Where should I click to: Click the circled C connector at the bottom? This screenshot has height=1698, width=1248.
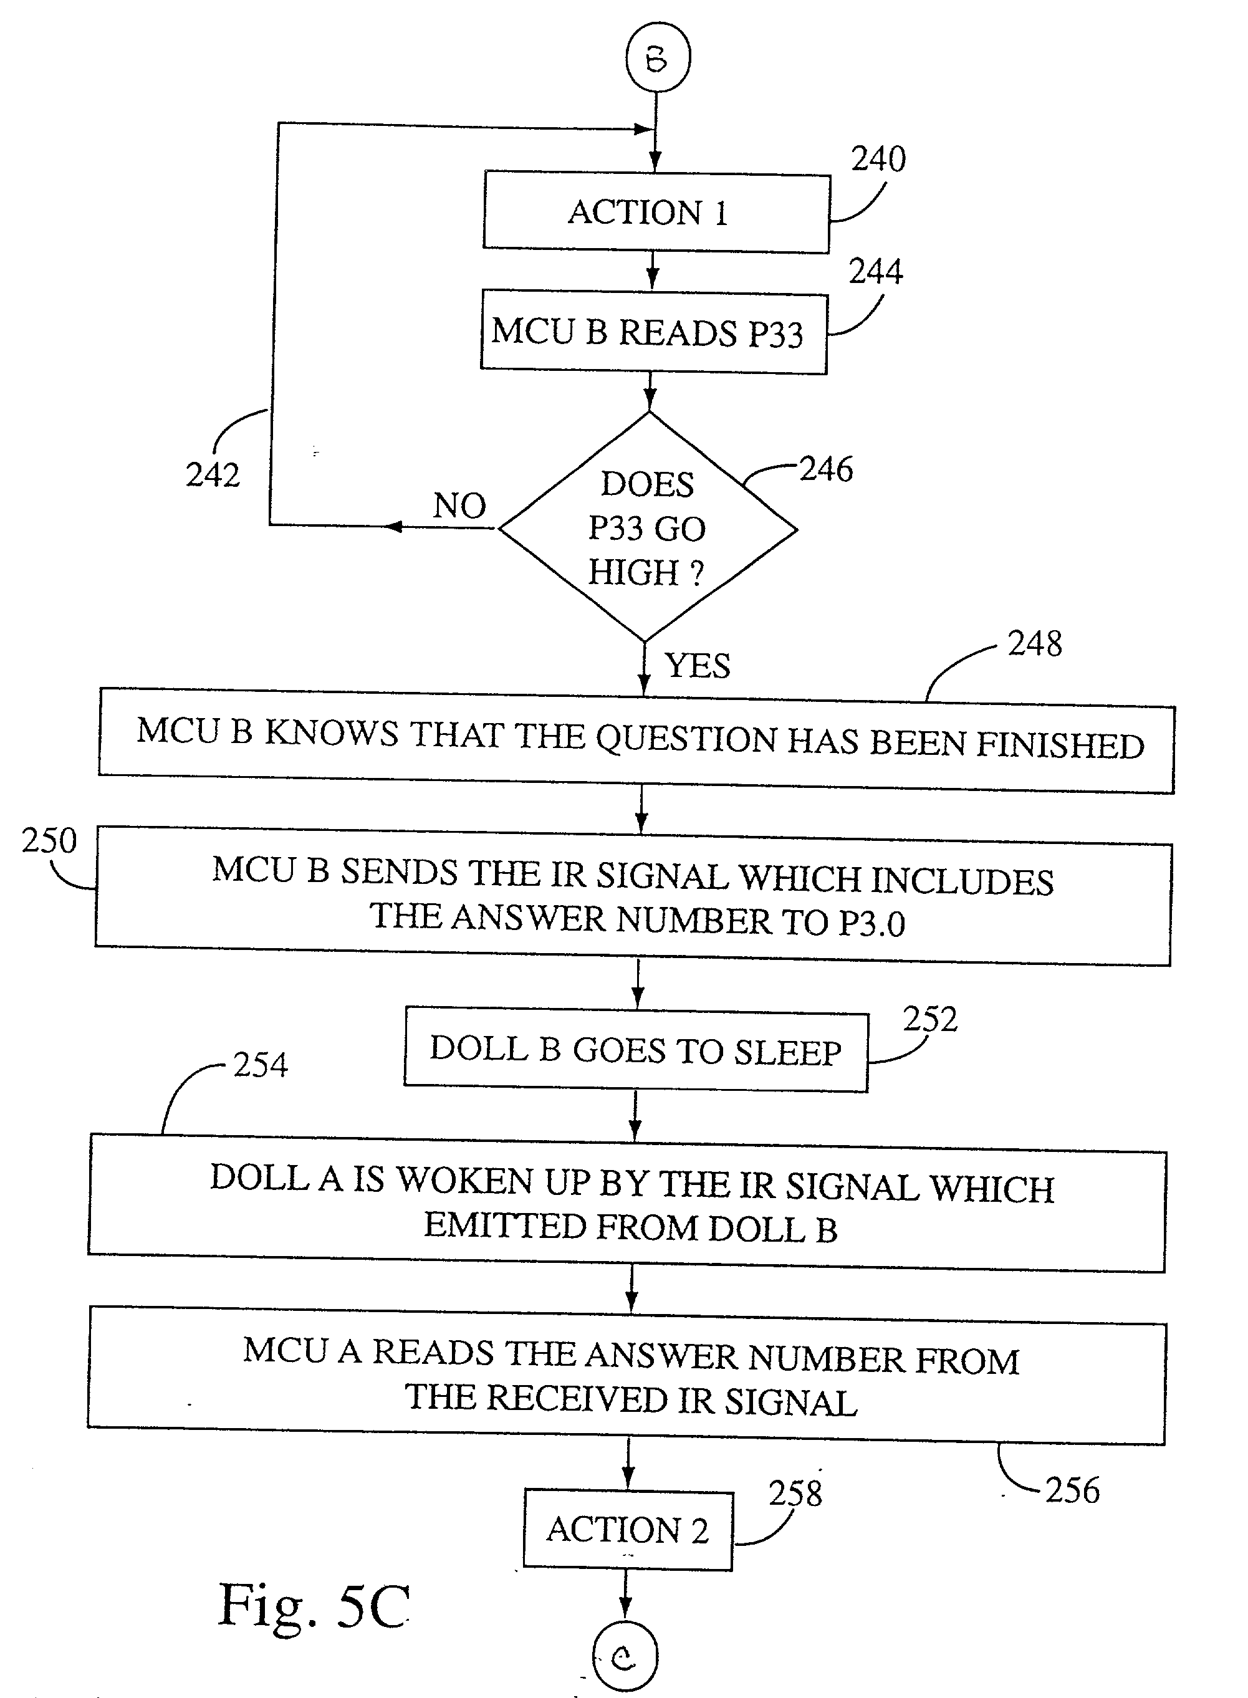point(625,1657)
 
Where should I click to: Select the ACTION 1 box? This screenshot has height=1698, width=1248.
point(656,212)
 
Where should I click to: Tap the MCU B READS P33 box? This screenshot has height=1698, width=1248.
point(653,332)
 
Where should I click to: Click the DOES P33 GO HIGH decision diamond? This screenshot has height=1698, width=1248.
point(648,528)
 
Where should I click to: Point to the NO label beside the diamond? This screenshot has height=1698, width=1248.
point(459,506)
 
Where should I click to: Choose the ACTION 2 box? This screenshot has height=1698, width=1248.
point(628,1530)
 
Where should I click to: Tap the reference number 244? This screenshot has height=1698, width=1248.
point(876,271)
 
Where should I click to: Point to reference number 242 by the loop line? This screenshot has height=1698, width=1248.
point(213,475)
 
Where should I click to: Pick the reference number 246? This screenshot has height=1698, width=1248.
point(827,469)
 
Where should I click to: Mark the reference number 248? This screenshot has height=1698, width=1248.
point(1035,643)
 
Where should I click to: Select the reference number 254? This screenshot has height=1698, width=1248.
point(261,1065)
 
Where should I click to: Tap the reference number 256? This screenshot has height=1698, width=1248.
point(1073,1490)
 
